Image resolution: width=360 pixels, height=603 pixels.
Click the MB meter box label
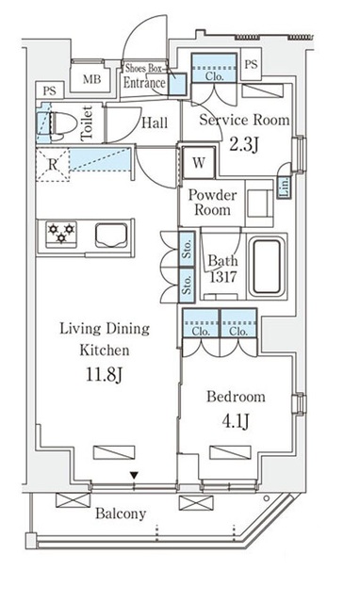(x=92, y=79)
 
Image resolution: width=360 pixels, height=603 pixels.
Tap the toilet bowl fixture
(x=63, y=123)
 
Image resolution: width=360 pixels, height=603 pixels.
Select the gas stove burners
(x=61, y=234)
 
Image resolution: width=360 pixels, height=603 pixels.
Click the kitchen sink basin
(x=111, y=235)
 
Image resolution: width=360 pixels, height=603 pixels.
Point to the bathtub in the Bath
(x=267, y=266)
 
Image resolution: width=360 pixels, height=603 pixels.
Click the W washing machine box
(x=199, y=162)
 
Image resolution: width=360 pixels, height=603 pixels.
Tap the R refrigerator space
(x=53, y=164)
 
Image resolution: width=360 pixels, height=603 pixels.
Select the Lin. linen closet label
(x=286, y=187)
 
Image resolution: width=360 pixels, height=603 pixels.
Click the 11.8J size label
(x=104, y=374)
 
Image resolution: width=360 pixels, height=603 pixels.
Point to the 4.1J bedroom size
(x=236, y=421)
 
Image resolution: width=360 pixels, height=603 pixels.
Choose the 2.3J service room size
(x=244, y=145)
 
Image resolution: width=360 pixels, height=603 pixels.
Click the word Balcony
(x=121, y=513)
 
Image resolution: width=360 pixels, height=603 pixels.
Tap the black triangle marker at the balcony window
(x=134, y=476)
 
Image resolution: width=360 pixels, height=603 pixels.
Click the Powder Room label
(x=212, y=203)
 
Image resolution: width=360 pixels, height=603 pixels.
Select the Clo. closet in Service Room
(x=214, y=68)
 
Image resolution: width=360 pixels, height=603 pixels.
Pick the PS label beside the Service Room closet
(x=251, y=64)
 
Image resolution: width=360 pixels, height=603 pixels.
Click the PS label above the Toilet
(x=50, y=91)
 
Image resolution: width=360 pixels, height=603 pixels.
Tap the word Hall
(x=155, y=123)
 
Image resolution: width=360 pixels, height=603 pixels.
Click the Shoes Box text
(x=143, y=69)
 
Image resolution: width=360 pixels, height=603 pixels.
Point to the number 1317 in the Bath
(x=223, y=276)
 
